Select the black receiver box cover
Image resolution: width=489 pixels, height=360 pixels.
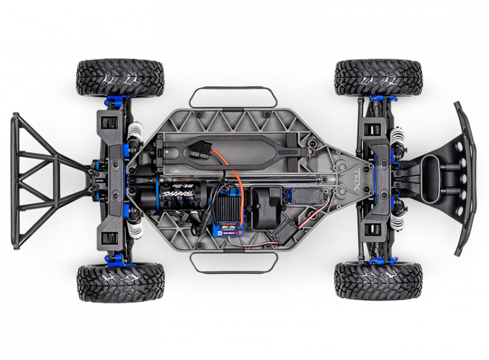[x=264, y=202]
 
